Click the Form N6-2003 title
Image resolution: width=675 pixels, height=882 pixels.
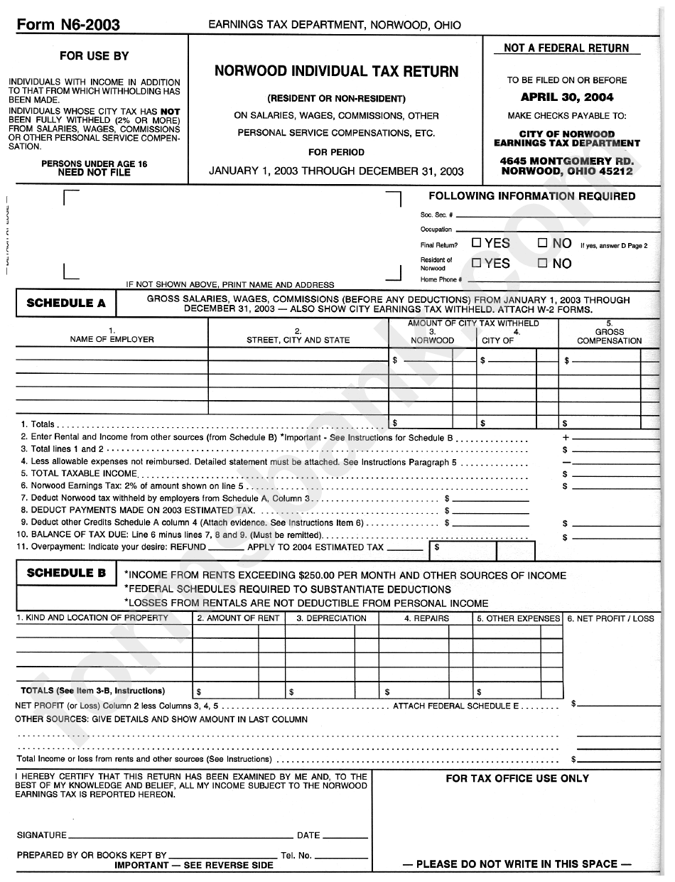pyautogui.click(x=68, y=26)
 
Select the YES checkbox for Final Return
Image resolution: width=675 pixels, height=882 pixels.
pyautogui.click(x=477, y=243)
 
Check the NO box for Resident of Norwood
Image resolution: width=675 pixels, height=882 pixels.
pyautogui.click(x=543, y=264)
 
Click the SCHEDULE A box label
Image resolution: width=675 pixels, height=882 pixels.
pyautogui.click(x=66, y=303)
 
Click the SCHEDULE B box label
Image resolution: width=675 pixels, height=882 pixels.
pyautogui.click(x=66, y=574)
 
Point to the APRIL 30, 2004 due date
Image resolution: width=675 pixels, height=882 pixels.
pyautogui.click(x=566, y=97)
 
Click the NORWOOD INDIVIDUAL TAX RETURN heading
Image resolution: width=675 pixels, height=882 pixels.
pyautogui.click(x=336, y=72)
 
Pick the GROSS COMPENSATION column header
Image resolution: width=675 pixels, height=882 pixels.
pyautogui.click(x=609, y=336)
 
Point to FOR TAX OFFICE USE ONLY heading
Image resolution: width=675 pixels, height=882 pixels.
pyautogui.click(x=517, y=778)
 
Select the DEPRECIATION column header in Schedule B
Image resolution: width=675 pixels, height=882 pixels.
pyautogui.click(x=331, y=618)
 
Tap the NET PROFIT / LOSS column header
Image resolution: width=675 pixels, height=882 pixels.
pyautogui.click(x=610, y=618)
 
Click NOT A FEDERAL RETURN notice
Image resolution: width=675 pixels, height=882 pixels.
pyautogui.click(x=566, y=48)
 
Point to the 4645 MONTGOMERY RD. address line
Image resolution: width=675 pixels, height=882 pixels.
pyautogui.click(x=566, y=161)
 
